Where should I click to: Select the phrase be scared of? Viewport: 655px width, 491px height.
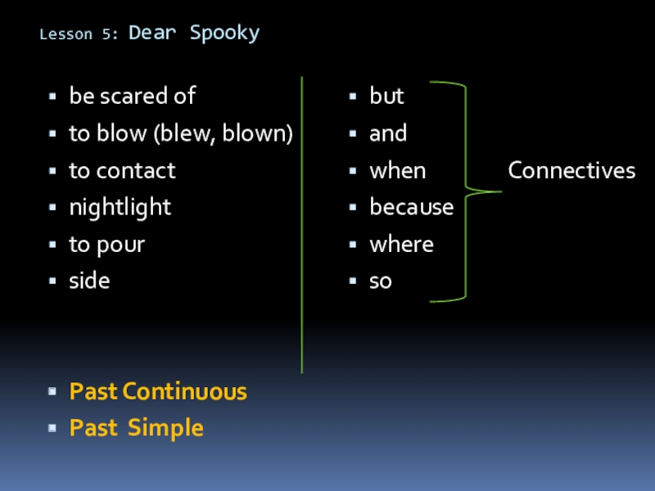132,97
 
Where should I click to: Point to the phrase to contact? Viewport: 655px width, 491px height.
122,170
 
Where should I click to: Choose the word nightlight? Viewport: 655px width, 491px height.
120,207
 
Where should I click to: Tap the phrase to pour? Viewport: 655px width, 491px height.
106,244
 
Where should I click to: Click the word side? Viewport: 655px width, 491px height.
89,281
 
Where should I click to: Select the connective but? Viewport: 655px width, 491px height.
386,97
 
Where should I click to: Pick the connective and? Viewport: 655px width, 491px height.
388,133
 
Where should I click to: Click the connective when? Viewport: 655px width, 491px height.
397,170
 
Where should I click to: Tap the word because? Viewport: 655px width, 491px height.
411,207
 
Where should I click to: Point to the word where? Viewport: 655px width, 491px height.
401,244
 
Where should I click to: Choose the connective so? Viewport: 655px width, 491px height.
381,281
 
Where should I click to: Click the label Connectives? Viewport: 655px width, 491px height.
571,170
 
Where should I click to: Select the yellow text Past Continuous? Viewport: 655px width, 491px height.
158,391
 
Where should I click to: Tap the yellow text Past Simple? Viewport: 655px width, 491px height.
136,427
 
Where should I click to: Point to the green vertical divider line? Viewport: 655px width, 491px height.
302,225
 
